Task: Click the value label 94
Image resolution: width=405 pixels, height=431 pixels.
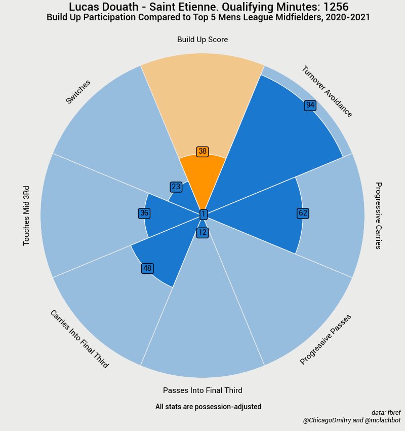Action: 310,105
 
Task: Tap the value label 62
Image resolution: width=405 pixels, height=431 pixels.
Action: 303,213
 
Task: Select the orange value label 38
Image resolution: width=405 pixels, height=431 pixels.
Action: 202,151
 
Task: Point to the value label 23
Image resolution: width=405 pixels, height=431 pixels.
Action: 176,187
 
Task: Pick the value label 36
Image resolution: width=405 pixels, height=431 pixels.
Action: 144,213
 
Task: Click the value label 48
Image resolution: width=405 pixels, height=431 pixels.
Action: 147,268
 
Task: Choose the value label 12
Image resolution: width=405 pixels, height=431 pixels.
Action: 202,233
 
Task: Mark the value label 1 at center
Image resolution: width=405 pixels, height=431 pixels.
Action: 204,214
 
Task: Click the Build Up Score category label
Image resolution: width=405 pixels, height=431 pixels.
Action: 202,40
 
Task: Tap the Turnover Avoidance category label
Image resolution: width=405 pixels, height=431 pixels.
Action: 327,92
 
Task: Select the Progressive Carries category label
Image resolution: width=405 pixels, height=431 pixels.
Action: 378,215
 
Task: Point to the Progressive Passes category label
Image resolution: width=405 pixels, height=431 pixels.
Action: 326,339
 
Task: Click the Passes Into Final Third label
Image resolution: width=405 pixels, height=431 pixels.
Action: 202,390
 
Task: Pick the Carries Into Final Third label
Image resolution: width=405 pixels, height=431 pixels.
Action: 79,339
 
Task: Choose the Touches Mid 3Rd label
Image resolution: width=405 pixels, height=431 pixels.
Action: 27,215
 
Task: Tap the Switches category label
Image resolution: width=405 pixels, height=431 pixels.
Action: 78,92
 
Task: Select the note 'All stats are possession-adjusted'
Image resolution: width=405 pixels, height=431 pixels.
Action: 208,407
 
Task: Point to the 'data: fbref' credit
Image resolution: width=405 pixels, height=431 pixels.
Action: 386,413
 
